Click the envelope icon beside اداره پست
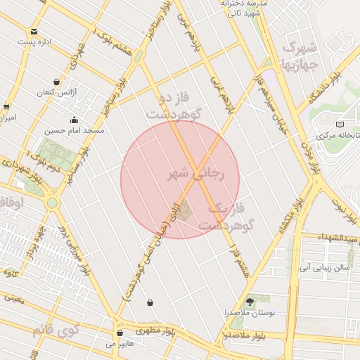pos(34,31)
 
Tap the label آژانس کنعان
pos(73,93)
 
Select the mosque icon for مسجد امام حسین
pos(74,120)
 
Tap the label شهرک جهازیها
pos(301,55)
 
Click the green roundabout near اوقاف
pos(52,202)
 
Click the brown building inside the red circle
pos(184,210)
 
